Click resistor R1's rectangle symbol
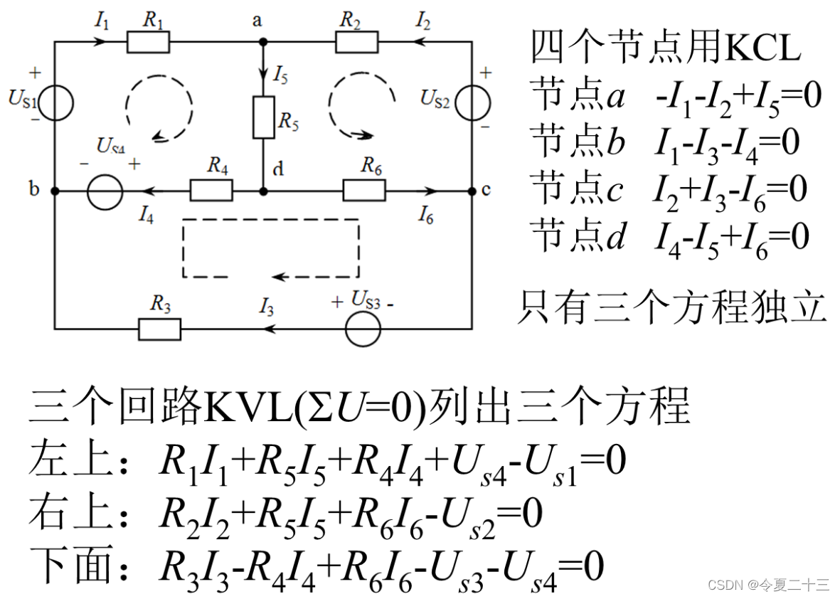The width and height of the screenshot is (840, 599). [x=149, y=42]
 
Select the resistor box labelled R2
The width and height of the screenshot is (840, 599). [x=357, y=42]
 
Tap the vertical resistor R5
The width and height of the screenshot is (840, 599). [x=263, y=117]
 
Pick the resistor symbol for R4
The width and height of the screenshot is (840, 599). [x=211, y=191]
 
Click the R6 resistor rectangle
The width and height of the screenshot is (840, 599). [x=364, y=191]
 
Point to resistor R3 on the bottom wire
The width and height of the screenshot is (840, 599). [x=159, y=329]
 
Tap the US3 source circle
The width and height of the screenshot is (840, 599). [x=363, y=329]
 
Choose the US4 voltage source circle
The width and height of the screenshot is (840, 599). [x=105, y=191]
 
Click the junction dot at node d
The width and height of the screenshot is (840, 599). [x=263, y=191]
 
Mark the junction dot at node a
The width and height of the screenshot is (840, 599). [x=263, y=42]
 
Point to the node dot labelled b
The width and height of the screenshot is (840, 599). [x=55, y=191]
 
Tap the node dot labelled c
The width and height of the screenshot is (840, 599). [x=472, y=191]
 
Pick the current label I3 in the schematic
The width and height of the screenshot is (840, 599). [x=267, y=308]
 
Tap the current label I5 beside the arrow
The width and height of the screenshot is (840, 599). [x=280, y=74]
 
